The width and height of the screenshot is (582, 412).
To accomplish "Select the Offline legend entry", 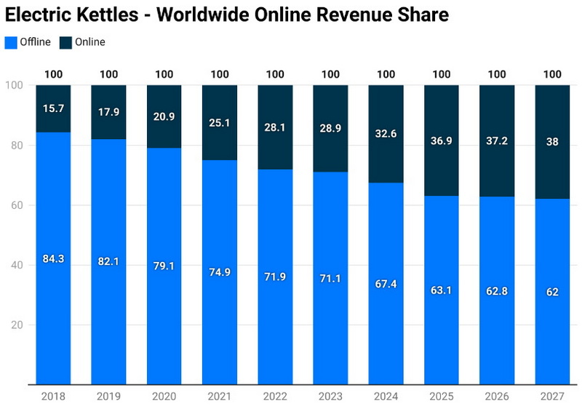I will pyautogui.click(x=29, y=42).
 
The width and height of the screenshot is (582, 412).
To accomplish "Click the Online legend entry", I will pyautogui.click(x=83, y=42).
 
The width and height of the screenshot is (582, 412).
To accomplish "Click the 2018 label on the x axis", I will pyautogui.click(x=53, y=396).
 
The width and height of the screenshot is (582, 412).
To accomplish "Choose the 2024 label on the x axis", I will pyautogui.click(x=386, y=396).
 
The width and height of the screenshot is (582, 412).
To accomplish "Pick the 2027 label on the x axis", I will pyautogui.click(x=552, y=396).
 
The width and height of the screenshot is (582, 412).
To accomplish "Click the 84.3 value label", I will pyautogui.click(x=53, y=258).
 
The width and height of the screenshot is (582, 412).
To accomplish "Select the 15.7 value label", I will pyautogui.click(x=53, y=108).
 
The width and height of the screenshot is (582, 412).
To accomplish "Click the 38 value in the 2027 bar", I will pyautogui.click(x=552, y=142).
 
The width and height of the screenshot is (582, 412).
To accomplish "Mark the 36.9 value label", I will pyautogui.click(x=442, y=140).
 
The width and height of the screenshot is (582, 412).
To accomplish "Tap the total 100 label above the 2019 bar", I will pyautogui.click(x=108, y=74).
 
